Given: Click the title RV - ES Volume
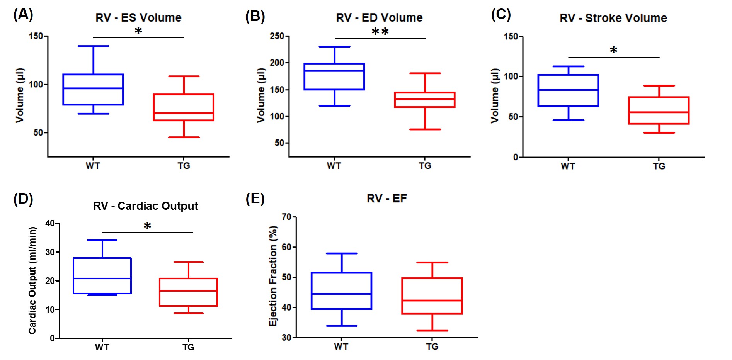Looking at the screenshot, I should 138,17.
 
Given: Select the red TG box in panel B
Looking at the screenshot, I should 425,100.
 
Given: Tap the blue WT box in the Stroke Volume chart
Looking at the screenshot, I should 568,90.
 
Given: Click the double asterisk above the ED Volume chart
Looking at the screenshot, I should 380,32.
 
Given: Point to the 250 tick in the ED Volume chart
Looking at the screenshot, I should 277,36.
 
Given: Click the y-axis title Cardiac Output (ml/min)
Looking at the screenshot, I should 32,280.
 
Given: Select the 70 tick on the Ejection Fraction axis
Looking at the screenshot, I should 286,217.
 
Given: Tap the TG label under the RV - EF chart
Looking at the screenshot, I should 432,346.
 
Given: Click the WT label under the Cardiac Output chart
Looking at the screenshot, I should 102,347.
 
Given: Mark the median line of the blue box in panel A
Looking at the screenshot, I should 93,88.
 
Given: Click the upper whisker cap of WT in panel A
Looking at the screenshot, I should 93,46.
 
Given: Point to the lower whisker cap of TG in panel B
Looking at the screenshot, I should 425,129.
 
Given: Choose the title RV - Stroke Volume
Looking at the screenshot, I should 613,18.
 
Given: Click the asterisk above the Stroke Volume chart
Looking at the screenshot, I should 613,50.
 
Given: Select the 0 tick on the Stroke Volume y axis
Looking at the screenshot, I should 516,157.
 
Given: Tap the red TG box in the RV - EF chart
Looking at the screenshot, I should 432,296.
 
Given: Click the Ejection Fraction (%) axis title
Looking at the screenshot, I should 273,276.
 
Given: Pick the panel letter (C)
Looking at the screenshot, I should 501,15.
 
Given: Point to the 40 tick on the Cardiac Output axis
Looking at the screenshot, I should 50,223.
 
